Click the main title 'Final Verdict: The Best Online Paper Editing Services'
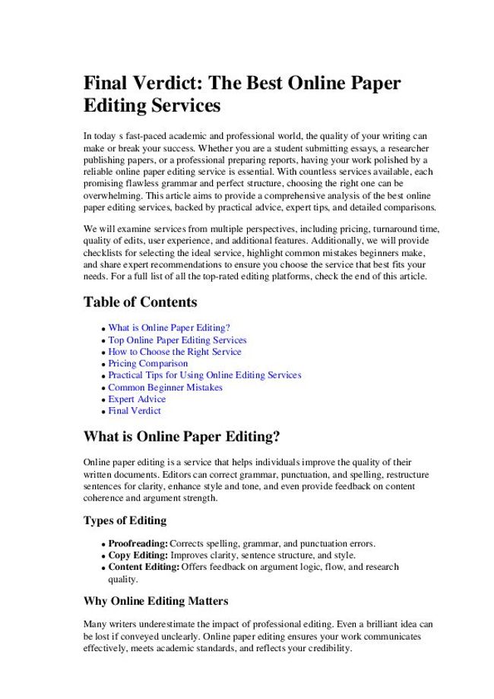[x=242, y=93]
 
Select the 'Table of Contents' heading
[x=140, y=302]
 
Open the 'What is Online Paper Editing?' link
[x=169, y=328]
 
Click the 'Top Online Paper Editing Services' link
[x=177, y=340]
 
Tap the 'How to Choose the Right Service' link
[x=174, y=352]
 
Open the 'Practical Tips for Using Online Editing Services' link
[x=204, y=375]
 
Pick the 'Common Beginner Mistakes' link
[x=165, y=387]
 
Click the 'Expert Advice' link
[x=137, y=399]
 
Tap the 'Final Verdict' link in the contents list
[x=135, y=411]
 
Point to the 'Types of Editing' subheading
[x=125, y=521]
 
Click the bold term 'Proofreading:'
[x=138, y=544]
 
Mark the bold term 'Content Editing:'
[x=144, y=567]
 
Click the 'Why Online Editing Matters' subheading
[x=156, y=602]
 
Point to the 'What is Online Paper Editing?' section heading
[x=182, y=437]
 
